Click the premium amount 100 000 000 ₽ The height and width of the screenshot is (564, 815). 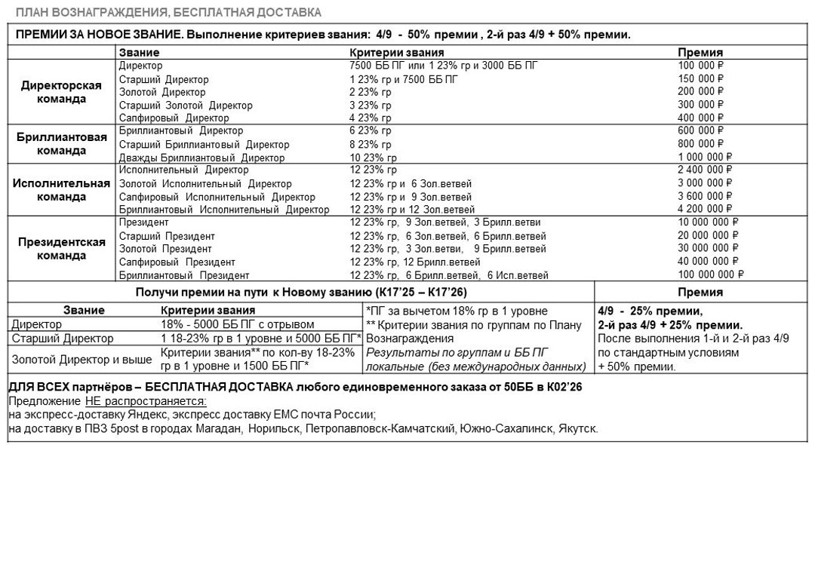pyautogui.click(x=710, y=275)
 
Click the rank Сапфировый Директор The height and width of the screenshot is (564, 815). pyautogui.click(x=174, y=118)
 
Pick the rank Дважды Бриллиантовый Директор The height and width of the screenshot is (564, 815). pyautogui.click(x=201, y=158)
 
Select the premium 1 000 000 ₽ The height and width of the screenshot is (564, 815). pyautogui.click(x=705, y=158)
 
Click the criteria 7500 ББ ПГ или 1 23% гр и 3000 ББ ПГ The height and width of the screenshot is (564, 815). pyautogui.click(x=444, y=66)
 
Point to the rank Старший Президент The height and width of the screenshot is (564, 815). pyautogui.click(x=167, y=236)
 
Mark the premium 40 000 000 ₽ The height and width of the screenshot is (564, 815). pyautogui.click(x=707, y=262)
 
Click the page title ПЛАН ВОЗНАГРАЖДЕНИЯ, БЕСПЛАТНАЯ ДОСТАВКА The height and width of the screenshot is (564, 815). pyautogui.click(x=168, y=13)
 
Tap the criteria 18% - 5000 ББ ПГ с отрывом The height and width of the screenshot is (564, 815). pyautogui.click(x=238, y=324)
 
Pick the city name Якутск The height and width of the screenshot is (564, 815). pyautogui.click(x=577, y=429)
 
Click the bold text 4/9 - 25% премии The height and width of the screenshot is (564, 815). pyautogui.click(x=650, y=311)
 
